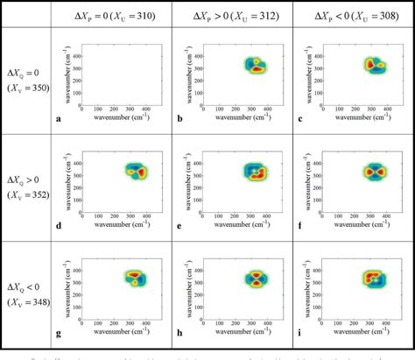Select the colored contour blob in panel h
tap(257, 279)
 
